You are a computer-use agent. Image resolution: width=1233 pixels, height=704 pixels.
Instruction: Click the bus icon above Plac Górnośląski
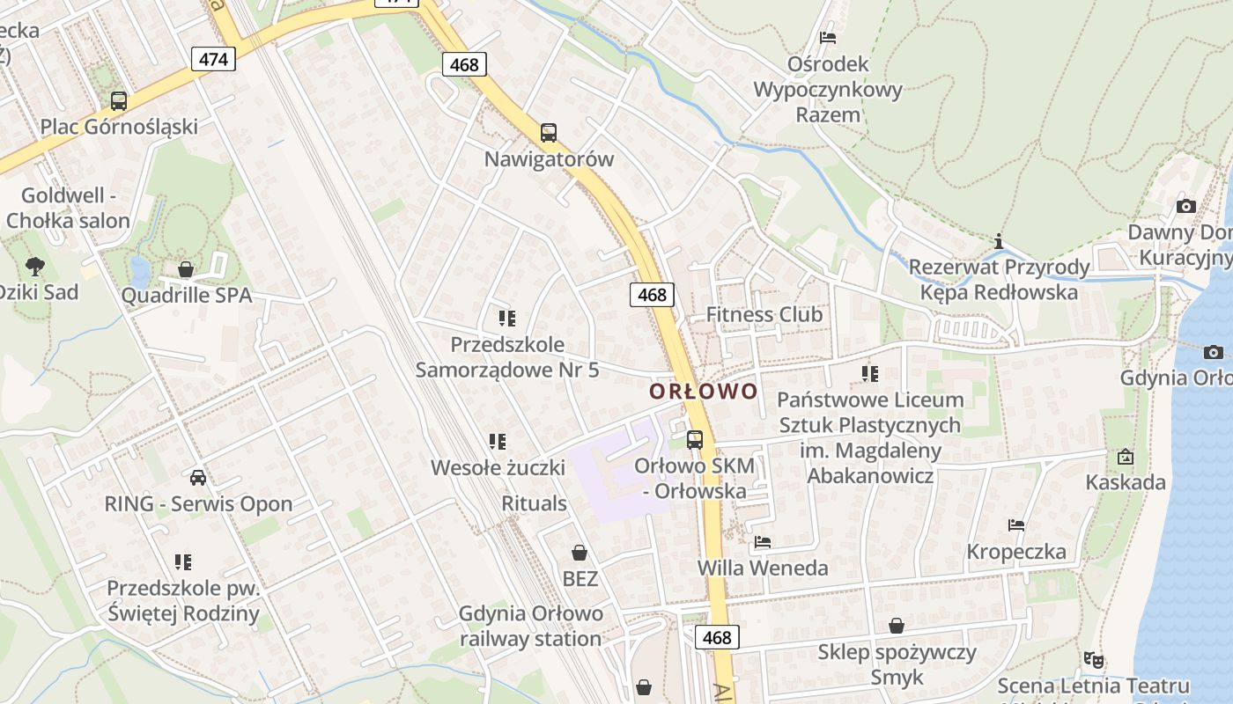pos(119,101)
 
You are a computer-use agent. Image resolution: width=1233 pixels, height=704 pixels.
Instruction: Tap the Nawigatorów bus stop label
pos(549,159)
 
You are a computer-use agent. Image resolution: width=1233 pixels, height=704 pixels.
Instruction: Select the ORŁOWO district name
pos(704,391)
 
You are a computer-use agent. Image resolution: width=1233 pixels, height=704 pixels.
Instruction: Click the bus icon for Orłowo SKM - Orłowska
pos(695,439)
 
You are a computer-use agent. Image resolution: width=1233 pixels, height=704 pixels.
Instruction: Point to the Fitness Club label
pos(764,314)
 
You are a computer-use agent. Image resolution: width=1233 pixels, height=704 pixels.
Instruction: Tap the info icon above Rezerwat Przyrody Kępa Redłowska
pos(998,241)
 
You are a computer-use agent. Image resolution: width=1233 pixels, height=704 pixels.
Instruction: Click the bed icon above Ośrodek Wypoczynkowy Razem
pos(828,38)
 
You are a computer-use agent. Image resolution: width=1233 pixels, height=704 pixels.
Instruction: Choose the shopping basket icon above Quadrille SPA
pos(186,269)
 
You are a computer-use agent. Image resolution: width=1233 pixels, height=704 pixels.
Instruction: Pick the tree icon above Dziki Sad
pos(35,265)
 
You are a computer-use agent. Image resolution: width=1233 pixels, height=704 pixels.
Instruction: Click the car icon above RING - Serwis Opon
pos(198,478)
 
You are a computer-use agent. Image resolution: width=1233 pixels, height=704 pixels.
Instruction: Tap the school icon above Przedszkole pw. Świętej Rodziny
pos(183,561)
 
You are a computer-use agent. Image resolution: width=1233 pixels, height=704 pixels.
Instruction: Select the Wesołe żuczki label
pos(498,467)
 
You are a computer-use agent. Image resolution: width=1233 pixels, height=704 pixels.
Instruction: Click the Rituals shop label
pos(534,503)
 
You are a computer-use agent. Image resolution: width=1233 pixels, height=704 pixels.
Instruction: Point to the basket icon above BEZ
pos(580,553)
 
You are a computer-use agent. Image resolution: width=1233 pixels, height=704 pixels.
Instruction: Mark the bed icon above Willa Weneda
pos(763,542)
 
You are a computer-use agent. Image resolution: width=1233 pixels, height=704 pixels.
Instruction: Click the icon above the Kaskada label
pos(1125,457)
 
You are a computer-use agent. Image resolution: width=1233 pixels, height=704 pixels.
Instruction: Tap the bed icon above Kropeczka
pos(1016,525)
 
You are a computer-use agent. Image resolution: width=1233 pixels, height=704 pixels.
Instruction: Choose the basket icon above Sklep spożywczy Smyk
pos(897,626)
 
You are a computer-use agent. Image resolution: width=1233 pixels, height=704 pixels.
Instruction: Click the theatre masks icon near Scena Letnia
pos(1093,659)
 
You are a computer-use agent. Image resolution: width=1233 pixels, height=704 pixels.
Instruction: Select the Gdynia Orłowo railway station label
pos(531,626)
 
